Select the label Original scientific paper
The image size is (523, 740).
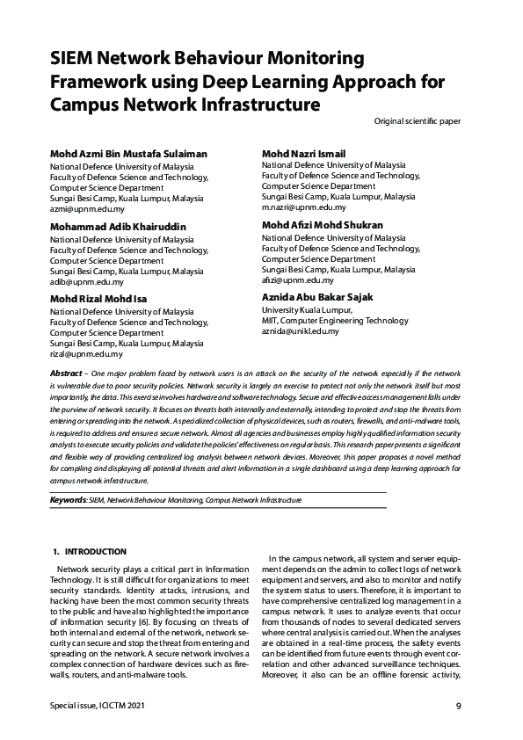(x=417, y=120)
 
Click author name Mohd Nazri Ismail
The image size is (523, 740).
(x=303, y=154)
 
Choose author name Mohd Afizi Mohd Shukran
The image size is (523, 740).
(x=322, y=225)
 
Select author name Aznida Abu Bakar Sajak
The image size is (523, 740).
(x=317, y=297)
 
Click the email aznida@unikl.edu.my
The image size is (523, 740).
(x=300, y=331)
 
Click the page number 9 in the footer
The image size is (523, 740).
(x=459, y=707)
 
